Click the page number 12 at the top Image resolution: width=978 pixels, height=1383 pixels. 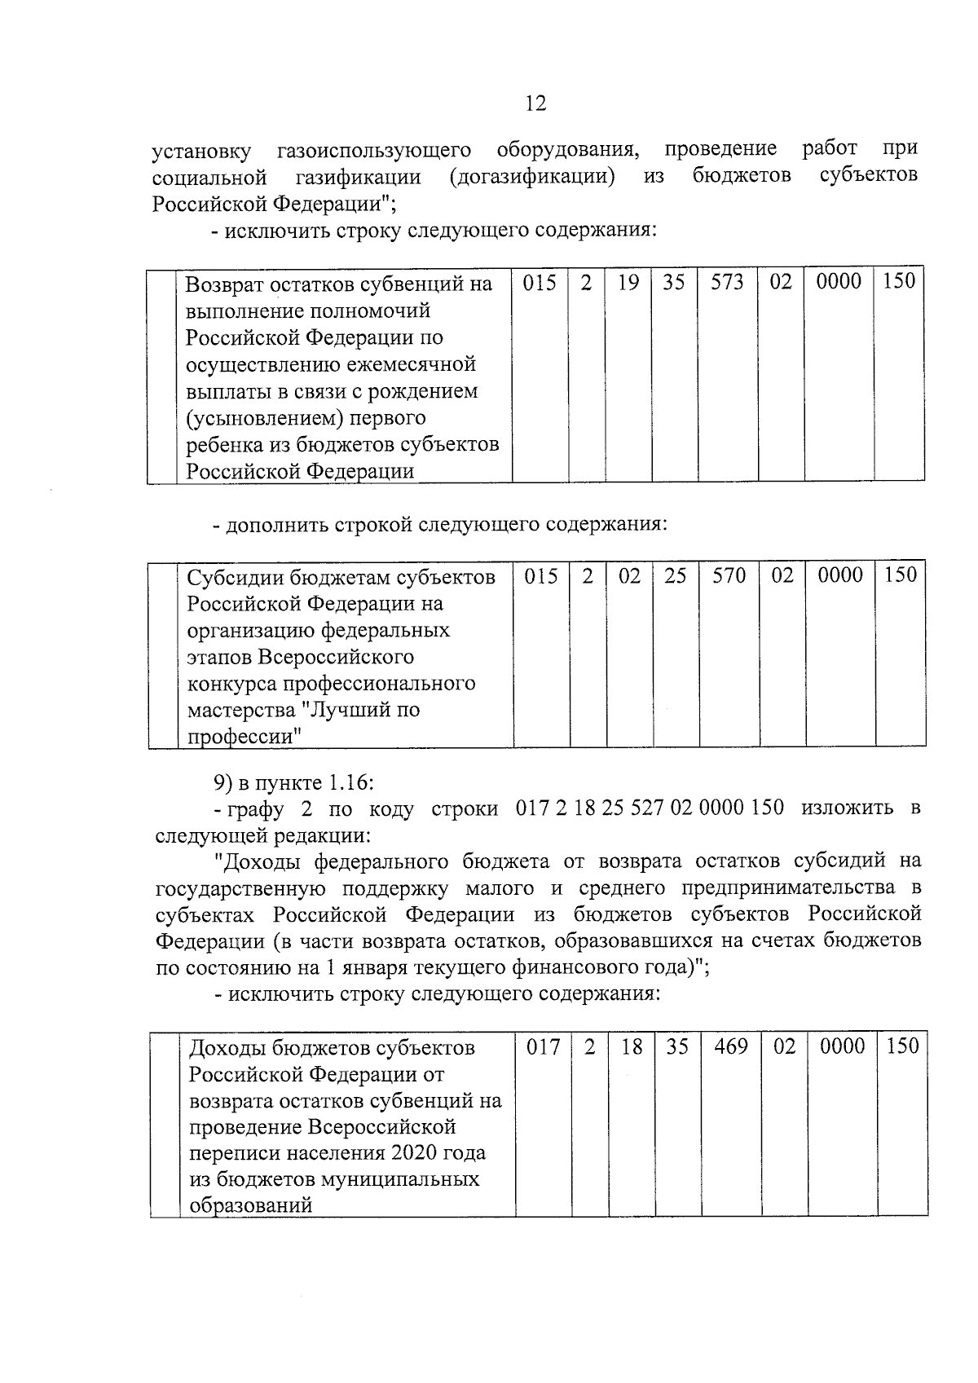tap(536, 104)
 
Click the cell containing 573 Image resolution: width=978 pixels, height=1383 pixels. tap(727, 282)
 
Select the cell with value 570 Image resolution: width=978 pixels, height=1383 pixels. tap(729, 575)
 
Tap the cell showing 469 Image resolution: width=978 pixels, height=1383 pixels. tap(730, 1046)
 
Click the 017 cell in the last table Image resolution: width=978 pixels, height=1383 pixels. tap(543, 1046)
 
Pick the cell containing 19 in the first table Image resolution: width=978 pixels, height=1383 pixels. tap(628, 282)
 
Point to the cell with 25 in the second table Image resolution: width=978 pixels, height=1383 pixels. tap(675, 575)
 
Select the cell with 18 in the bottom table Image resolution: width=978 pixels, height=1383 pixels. tap(632, 1046)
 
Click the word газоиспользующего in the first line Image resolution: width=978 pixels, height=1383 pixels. tap(374, 151)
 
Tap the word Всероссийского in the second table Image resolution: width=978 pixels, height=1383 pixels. tap(336, 657)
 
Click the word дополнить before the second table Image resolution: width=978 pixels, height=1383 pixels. tap(277, 524)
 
